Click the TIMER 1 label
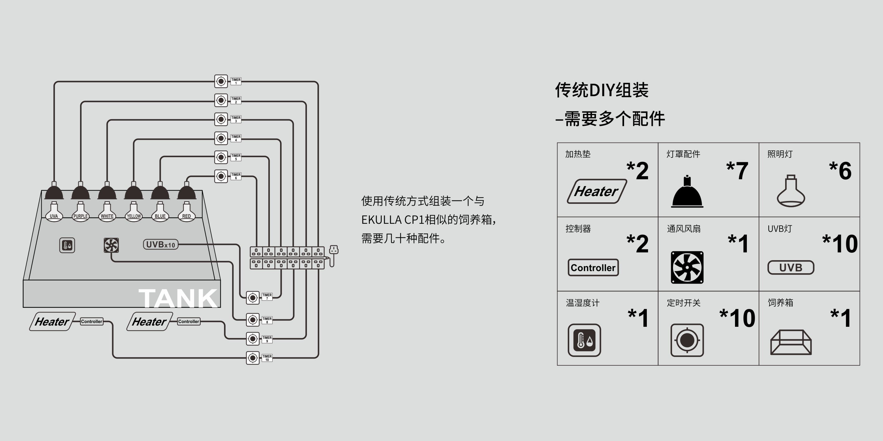click(x=236, y=81)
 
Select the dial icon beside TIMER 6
click(x=221, y=176)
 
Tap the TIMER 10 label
click(x=267, y=358)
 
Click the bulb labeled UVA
click(x=54, y=212)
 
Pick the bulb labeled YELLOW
click(x=134, y=212)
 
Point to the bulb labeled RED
click(x=186, y=212)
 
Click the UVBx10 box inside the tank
click(x=160, y=245)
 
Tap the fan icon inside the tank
click(x=111, y=245)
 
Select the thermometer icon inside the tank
click(x=67, y=245)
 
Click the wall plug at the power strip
click(x=333, y=250)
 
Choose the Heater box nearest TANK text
click(x=150, y=321)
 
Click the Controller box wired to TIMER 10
click(x=92, y=321)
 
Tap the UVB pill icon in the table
click(x=791, y=267)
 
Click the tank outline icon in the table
click(x=791, y=342)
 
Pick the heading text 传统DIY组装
click(x=602, y=90)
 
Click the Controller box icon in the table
click(x=593, y=267)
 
